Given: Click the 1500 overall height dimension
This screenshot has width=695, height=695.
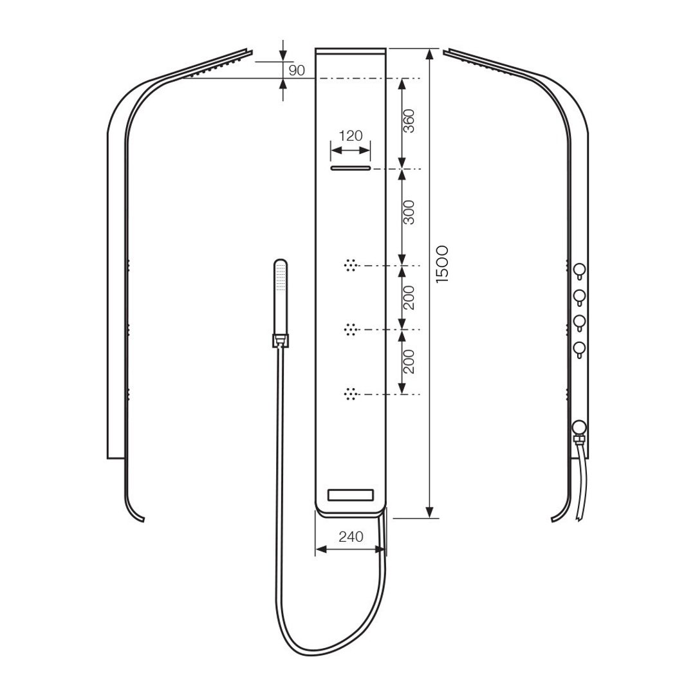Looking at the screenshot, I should click(x=441, y=264).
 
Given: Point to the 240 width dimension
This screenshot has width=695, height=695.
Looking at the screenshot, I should click(x=350, y=536).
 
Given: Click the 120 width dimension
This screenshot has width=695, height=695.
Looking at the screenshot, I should click(x=351, y=136).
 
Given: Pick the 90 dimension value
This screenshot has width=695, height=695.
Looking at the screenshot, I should click(x=297, y=71).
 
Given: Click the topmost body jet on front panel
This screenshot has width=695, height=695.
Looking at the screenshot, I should click(x=351, y=265).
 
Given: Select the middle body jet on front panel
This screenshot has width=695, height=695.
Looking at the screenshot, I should click(x=351, y=329).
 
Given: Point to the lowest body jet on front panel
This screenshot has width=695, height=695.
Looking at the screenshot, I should click(x=351, y=394).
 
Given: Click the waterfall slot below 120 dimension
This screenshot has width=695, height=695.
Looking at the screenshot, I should click(x=351, y=169).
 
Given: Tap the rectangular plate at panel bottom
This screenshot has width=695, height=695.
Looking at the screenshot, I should click(x=351, y=496).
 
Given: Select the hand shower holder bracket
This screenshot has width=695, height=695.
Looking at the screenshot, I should click(x=281, y=340).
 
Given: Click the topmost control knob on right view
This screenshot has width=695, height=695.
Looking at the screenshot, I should click(x=580, y=270).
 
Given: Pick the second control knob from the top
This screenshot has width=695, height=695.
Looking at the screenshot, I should click(x=580, y=296).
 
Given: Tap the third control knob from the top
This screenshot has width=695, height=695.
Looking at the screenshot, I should click(x=580, y=322).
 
